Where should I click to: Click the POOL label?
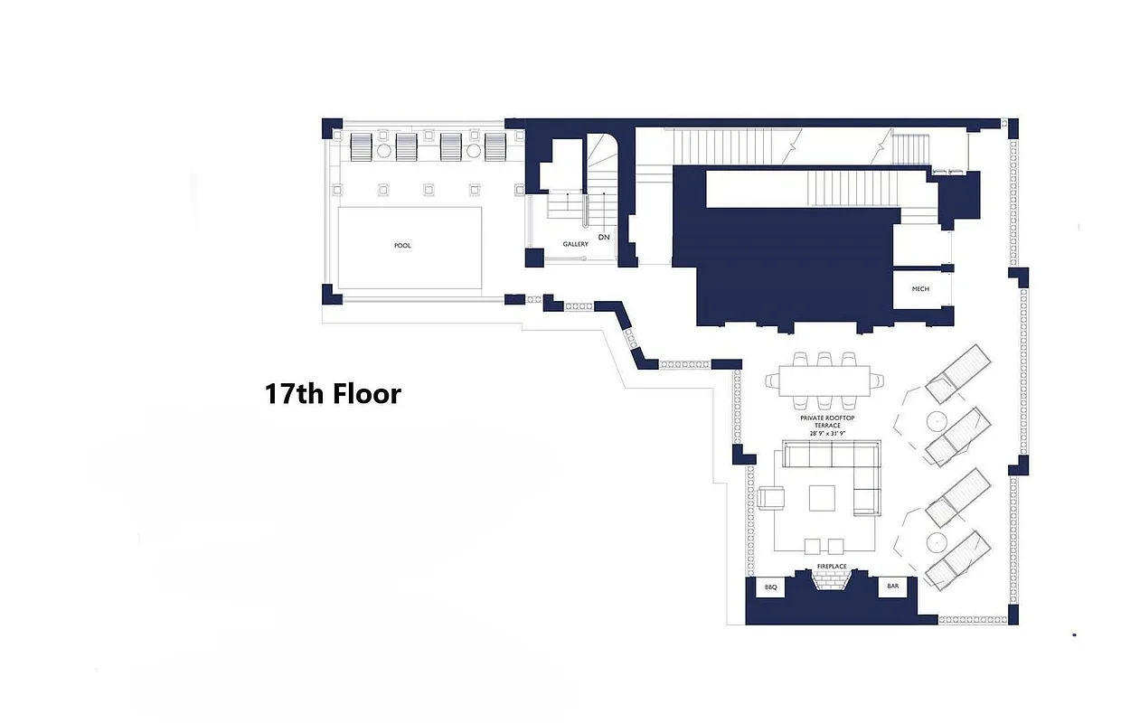tap(402, 246)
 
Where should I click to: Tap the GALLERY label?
tap(576, 244)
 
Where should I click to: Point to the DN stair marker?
tap(604, 237)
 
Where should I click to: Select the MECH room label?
tap(920, 289)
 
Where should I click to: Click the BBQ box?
tap(770, 587)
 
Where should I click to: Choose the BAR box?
tap(893, 587)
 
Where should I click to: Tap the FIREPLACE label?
tap(832, 567)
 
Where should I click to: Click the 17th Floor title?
tap(333, 394)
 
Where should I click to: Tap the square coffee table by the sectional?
tap(823, 498)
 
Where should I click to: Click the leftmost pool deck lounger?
tap(360, 146)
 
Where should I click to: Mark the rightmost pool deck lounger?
tap(495, 146)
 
